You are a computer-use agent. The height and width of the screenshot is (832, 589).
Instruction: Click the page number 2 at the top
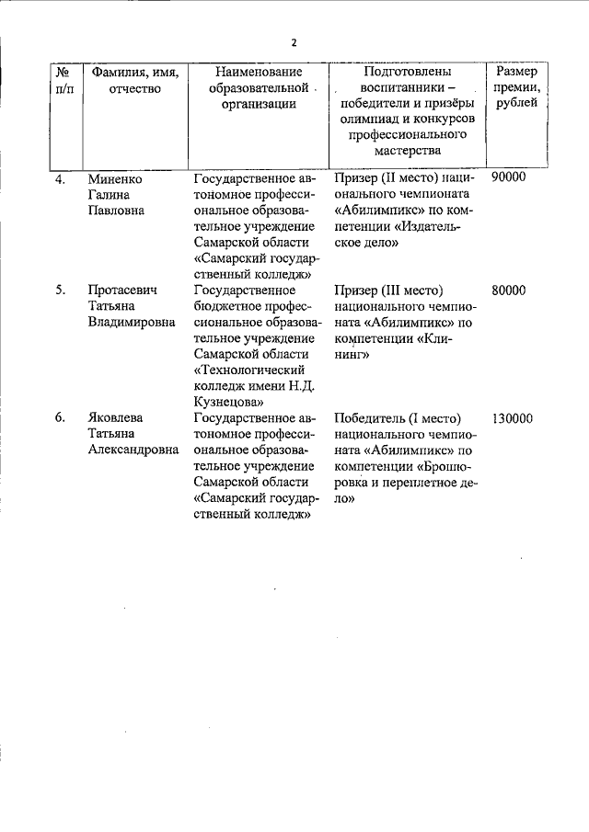point(294,42)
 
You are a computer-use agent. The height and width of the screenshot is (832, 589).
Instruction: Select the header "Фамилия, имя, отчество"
point(133,80)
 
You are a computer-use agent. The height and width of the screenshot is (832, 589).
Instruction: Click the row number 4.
point(60,178)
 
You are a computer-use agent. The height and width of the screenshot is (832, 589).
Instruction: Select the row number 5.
point(60,291)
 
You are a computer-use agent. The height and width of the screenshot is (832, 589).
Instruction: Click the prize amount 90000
point(509,177)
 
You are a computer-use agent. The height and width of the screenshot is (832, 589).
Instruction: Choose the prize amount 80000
point(509,291)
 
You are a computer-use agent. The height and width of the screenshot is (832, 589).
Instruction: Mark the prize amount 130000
point(513,418)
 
